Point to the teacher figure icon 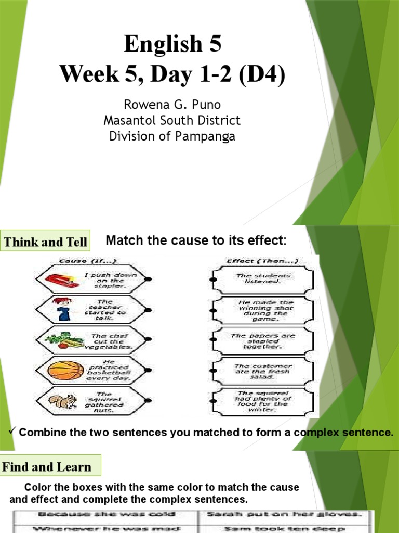(x=63, y=310)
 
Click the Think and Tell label (x=45, y=242)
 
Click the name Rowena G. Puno (x=172, y=105)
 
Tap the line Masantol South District (x=172, y=121)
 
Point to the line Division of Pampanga (x=172, y=136)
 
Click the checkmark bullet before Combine (x=14, y=432)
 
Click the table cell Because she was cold (x=104, y=515)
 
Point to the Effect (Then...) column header (x=261, y=261)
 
